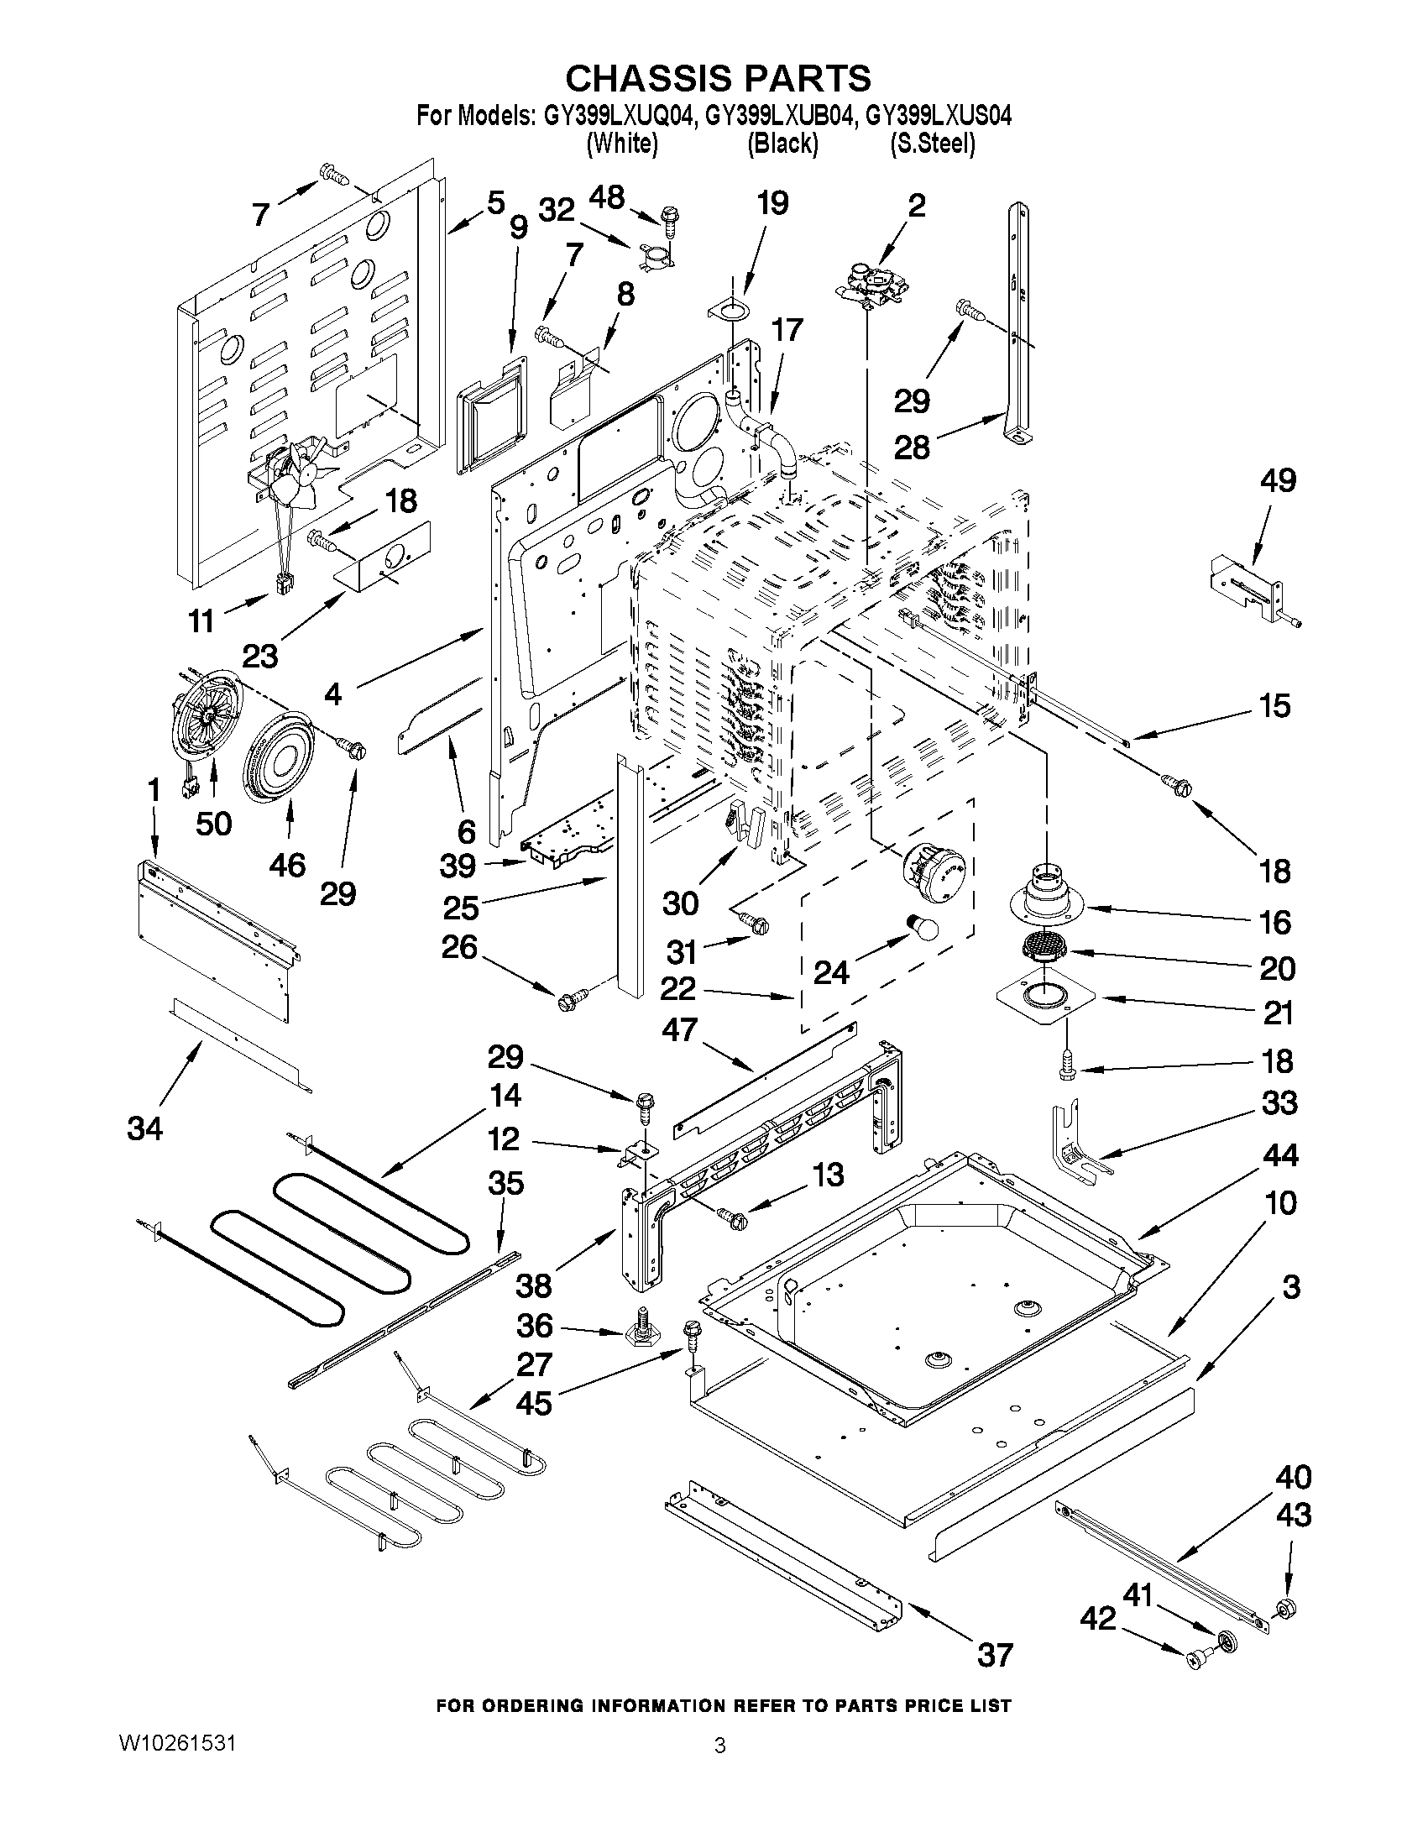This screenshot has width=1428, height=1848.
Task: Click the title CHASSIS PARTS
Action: coord(718,78)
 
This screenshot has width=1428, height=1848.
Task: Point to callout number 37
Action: coord(994,1654)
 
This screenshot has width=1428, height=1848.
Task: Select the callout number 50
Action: coord(213,823)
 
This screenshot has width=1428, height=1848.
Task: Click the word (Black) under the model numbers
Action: coord(782,144)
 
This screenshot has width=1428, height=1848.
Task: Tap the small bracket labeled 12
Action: coord(636,1154)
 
